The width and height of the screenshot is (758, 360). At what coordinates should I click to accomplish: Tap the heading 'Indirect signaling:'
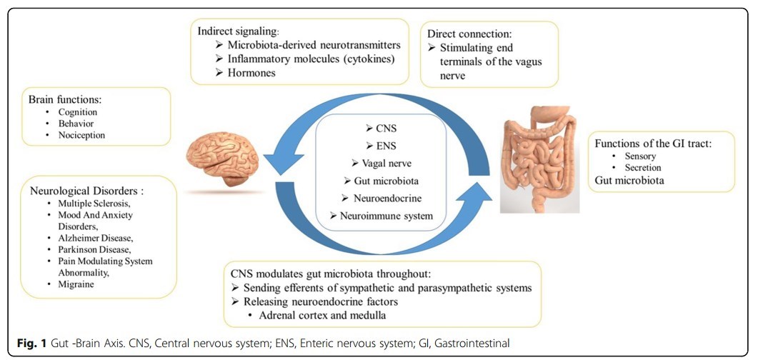239,31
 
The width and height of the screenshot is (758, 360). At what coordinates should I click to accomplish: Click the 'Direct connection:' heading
470,34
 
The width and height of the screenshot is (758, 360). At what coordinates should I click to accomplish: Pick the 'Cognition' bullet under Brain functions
79,112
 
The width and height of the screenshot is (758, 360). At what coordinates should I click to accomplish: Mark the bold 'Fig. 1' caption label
23,344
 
